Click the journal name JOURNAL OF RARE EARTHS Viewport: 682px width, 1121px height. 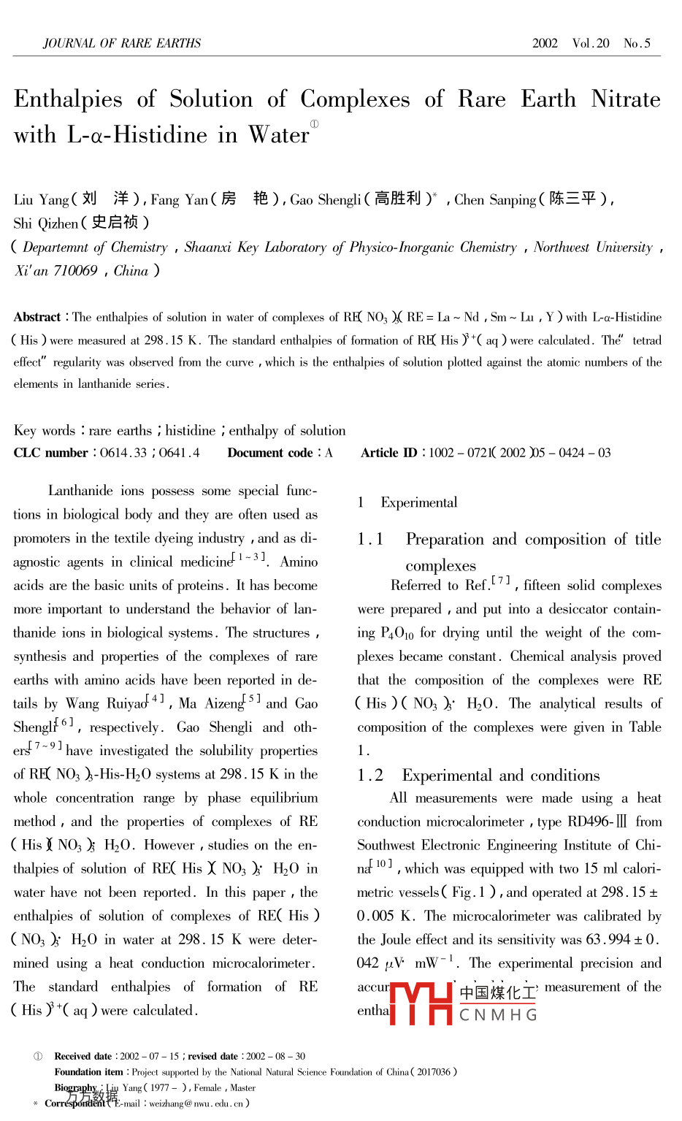[122, 43]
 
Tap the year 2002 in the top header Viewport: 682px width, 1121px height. [545, 43]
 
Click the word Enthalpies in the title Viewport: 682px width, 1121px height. [68, 99]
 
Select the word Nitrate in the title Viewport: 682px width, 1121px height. [626, 99]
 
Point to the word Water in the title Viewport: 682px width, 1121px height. [279, 135]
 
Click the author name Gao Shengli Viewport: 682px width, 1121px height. [326, 199]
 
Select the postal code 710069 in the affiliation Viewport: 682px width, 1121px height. [75, 271]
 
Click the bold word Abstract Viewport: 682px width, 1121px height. [37, 317]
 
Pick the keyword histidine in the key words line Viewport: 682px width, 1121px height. [191, 431]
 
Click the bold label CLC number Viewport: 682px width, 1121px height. [50, 453]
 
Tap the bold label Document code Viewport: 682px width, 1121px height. [270, 453]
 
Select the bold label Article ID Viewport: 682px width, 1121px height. [389, 453]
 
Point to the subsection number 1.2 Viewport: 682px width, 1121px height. [370, 776]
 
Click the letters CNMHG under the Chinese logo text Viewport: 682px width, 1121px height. [498, 1015]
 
